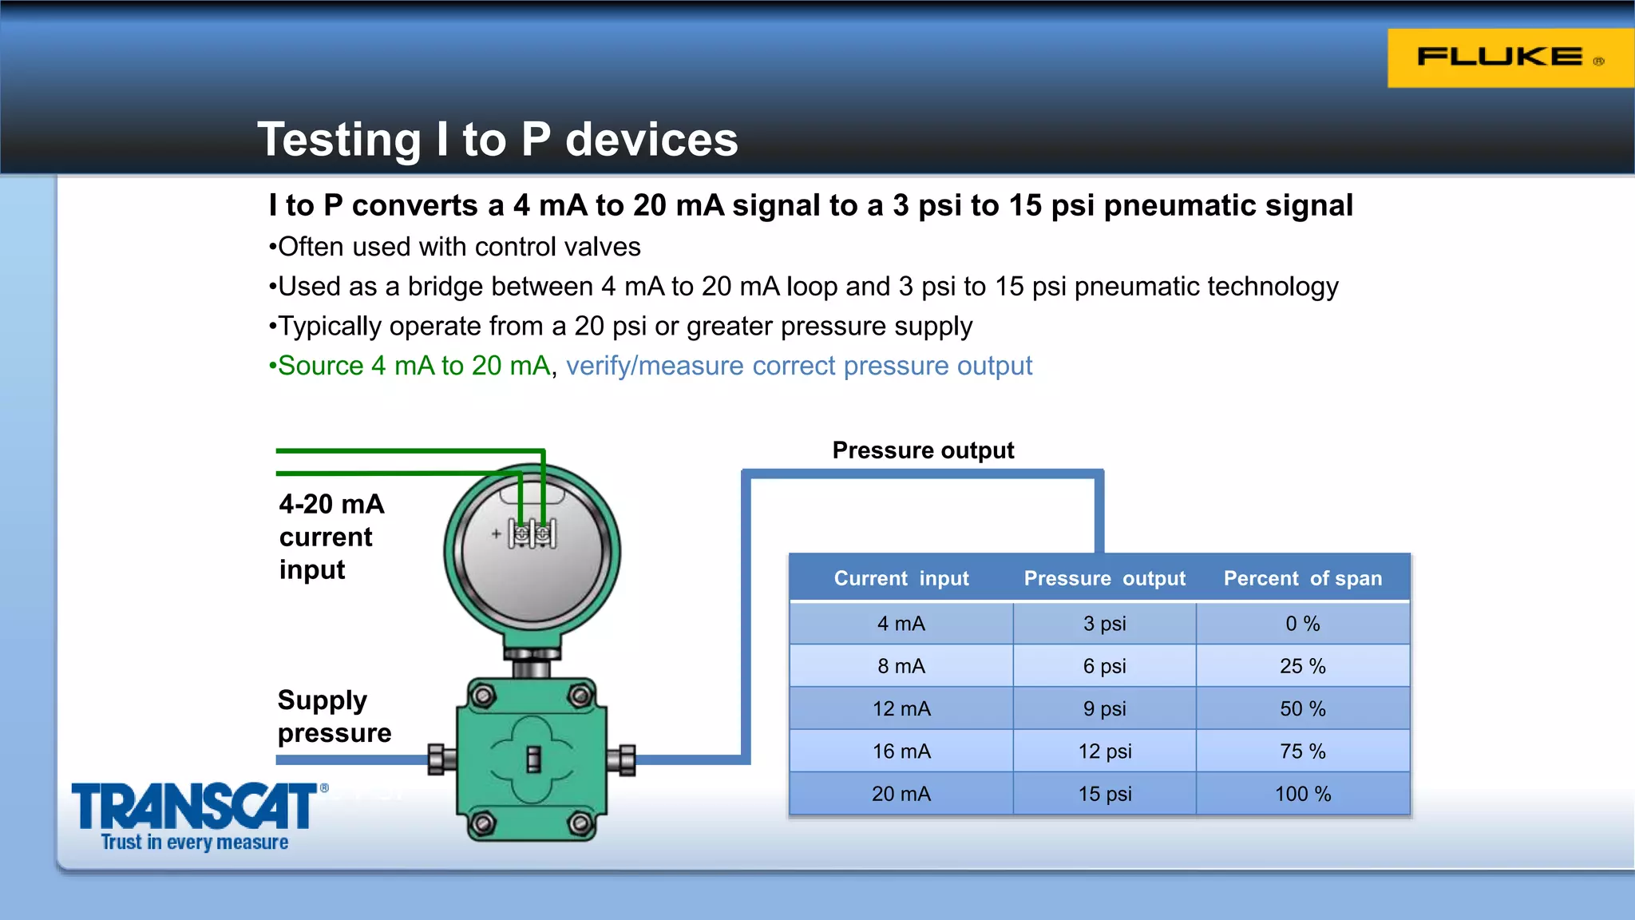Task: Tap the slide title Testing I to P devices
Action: [497, 139]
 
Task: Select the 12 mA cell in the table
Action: [901, 708]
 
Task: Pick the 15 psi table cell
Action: [1105, 794]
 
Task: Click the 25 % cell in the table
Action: [1302, 666]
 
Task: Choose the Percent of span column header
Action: [1302, 578]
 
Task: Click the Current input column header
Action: [901, 578]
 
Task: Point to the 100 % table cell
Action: [1302, 794]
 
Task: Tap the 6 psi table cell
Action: [1105, 666]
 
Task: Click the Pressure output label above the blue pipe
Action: [923, 450]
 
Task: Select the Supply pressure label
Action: [334, 716]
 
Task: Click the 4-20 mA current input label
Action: [331, 537]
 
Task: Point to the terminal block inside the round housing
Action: [532, 534]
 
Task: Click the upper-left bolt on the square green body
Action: [482, 696]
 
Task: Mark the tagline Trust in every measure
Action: [194, 843]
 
